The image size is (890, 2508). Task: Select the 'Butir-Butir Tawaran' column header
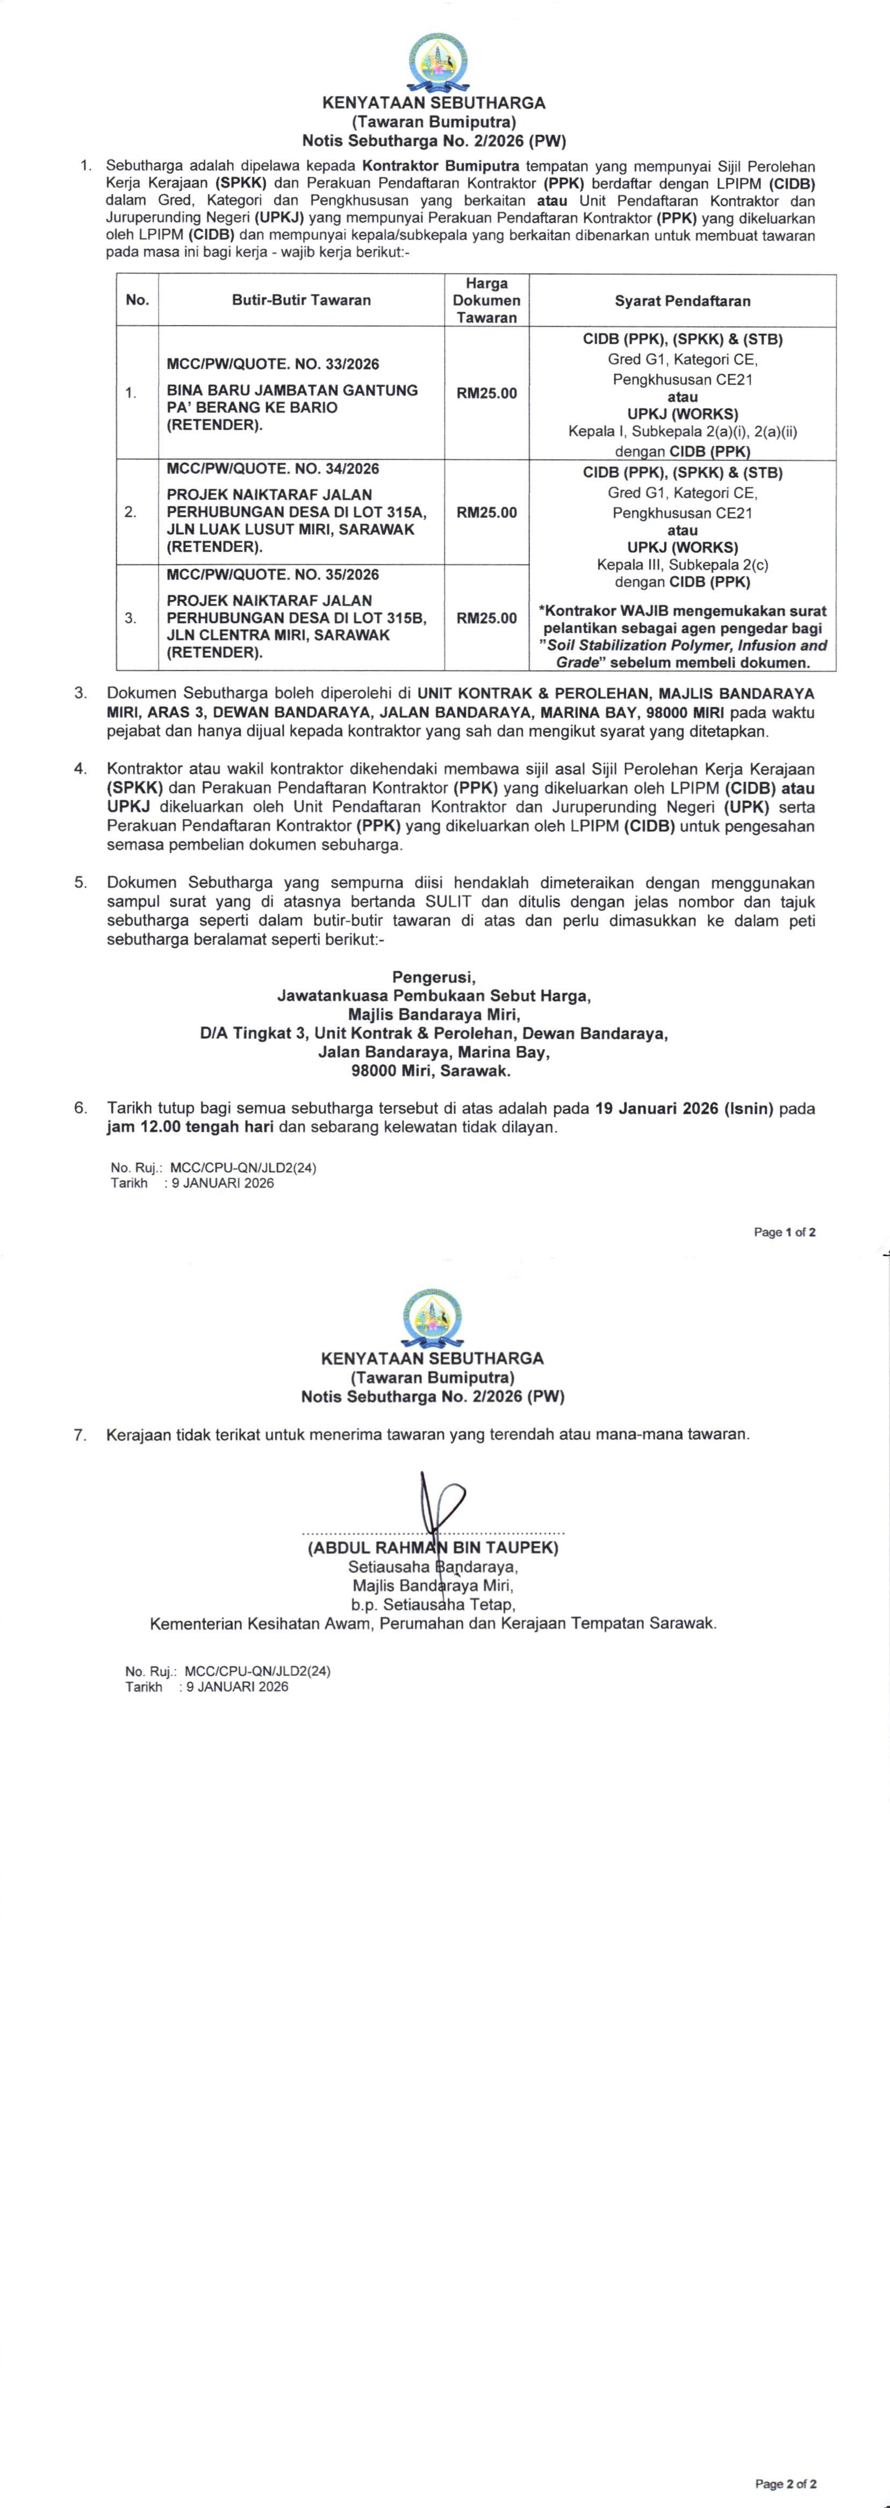coord(301,300)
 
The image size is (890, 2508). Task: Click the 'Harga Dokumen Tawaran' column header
coord(486,300)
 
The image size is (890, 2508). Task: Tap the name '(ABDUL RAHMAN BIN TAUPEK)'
coord(432,1547)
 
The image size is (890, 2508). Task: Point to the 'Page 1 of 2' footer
coord(784,1233)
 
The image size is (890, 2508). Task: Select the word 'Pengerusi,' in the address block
coord(433,977)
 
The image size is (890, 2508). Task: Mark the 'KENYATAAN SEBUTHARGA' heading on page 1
coord(433,102)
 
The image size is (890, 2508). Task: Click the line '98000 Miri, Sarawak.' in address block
coord(433,1071)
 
